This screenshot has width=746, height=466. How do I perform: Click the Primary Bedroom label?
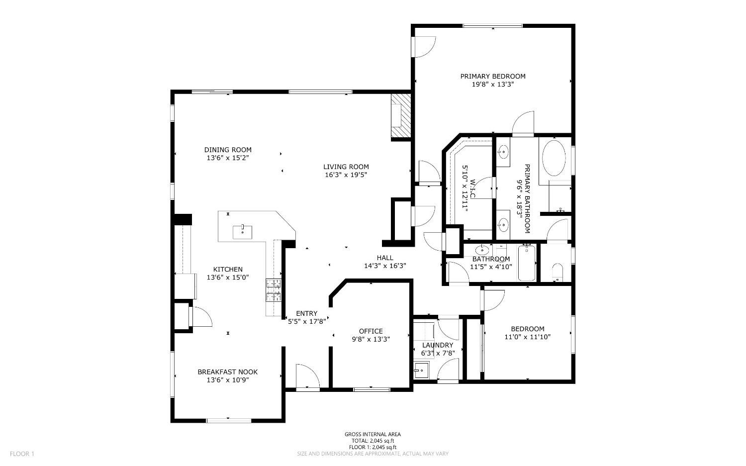492,76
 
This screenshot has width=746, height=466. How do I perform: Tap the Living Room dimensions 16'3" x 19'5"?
346,175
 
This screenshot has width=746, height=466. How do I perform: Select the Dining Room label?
228,150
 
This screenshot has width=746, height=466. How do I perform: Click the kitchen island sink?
242,232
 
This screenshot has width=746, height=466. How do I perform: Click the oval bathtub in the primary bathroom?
554,158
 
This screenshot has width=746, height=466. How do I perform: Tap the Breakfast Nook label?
227,372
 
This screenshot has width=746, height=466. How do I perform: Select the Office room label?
371,331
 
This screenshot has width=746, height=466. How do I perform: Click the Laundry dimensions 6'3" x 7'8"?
438,353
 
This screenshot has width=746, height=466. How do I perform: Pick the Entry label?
307,313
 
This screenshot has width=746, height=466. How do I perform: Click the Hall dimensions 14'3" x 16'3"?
385,266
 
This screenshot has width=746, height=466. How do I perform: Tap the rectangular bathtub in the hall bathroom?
527,263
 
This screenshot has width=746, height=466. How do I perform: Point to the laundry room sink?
421,370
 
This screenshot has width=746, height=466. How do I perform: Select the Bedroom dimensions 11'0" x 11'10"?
527,337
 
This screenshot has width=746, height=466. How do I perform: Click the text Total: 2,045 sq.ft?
373,441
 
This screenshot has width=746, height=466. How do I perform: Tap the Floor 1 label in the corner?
22,454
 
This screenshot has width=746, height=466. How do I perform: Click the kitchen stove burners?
273,290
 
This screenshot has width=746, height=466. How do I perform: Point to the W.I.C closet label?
472,191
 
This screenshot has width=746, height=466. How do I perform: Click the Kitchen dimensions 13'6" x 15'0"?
228,278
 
